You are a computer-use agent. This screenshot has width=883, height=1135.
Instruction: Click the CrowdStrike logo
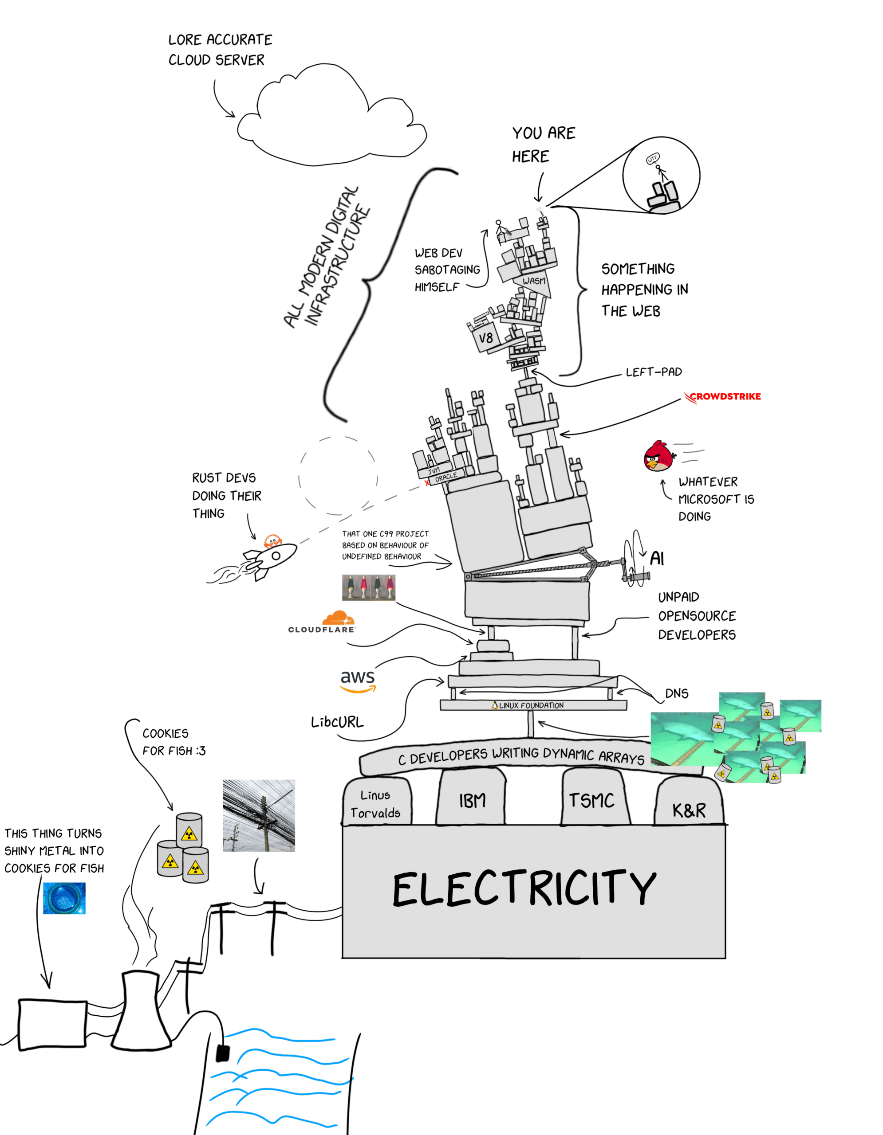(722, 396)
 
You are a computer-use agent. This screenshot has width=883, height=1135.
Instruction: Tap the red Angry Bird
(658, 456)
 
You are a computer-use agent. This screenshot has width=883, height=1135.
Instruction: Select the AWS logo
(357, 680)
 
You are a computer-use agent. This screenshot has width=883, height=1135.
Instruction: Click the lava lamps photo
(368, 587)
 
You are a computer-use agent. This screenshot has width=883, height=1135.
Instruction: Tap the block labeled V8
(486, 338)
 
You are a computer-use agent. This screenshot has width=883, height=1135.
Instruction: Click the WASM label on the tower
(534, 281)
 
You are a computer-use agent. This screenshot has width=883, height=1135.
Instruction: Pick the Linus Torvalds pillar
(376, 803)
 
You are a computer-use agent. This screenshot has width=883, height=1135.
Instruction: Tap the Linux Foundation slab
(533, 705)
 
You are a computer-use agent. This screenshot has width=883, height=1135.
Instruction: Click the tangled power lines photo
(258, 815)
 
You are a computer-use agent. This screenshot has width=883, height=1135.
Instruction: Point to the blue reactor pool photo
(64, 898)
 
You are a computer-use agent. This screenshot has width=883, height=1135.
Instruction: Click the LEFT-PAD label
(653, 372)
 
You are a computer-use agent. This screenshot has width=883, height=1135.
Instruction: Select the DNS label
(676, 693)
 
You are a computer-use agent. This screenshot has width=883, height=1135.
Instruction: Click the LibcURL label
(337, 722)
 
